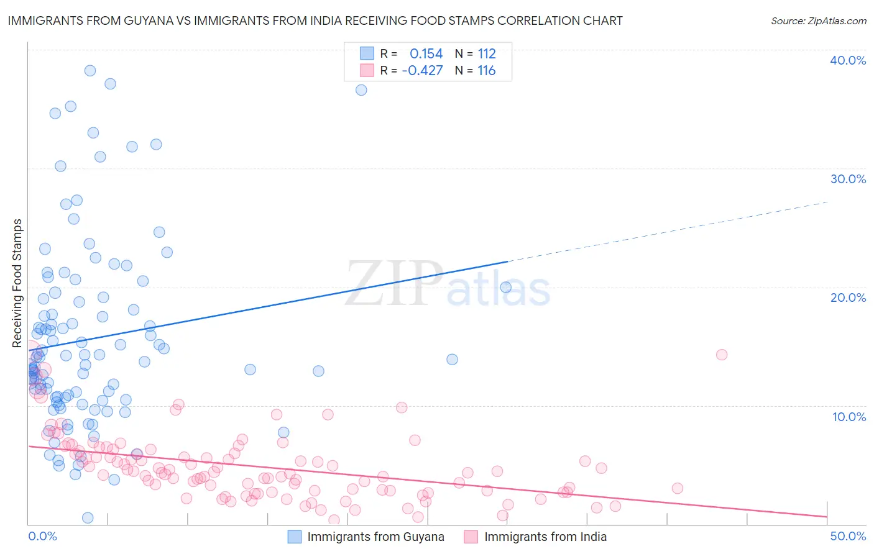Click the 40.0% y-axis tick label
(848, 60)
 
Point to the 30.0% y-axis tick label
(848, 179)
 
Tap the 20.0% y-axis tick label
(848, 297)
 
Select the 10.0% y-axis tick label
(848, 417)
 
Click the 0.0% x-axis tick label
(42, 536)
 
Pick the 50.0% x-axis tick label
(848, 536)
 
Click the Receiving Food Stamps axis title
(17, 283)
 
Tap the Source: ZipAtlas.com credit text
(818, 21)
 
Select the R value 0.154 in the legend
(426, 53)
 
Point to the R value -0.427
(422, 71)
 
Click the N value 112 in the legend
(487, 53)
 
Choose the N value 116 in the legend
(487, 71)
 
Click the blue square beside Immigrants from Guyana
(295, 537)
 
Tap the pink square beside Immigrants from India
(471, 537)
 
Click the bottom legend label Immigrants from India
(545, 537)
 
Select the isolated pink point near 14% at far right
(722, 355)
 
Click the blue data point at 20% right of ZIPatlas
(506, 287)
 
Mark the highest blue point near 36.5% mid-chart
(361, 90)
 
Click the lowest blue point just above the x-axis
(88, 518)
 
